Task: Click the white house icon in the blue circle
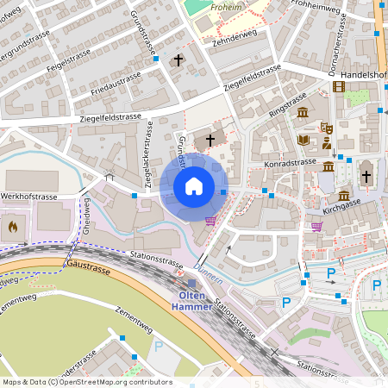194,186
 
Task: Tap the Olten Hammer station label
191,300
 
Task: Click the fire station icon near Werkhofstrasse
13,227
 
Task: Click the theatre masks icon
327,128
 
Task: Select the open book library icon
304,139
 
